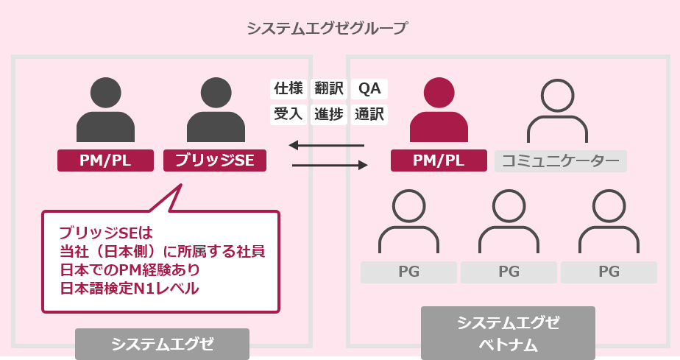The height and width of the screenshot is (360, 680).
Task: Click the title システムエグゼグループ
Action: pyautogui.click(x=327, y=29)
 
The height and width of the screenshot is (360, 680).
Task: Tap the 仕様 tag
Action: pyautogui.click(x=288, y=88)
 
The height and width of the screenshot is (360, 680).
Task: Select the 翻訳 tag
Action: pyautogui.click(x=329, y=88)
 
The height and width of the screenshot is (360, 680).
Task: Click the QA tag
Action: pyautogui.click(x=369, y=88)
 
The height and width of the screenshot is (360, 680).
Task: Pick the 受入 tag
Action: pyautogui.click(x=288, y=114)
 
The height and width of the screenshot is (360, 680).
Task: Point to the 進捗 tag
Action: pyautogui.click(x=329, y=114)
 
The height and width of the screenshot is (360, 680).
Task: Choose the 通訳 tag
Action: pyautogui.click(x=369, y=114)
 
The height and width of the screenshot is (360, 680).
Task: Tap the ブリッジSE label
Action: pyautogui.click(x=215, y=160)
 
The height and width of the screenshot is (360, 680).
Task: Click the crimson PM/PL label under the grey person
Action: pyautogui.click(x=105, y=160)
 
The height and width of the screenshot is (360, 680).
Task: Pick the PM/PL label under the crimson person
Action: pyautogui.click(x=439, y=160)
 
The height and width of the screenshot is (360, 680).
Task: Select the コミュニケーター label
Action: pyautogui.click(x=561, y=160)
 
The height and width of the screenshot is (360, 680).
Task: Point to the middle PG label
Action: pyautogui.click(x=509, y=272)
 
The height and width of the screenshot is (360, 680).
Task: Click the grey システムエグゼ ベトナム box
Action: pyautogui.click(x=508, y=333)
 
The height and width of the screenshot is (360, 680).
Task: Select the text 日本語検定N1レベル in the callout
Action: pyautogui.click(x=130, y=288)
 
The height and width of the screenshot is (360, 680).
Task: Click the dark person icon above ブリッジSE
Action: pyautogui.click(x=215, y=110)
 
